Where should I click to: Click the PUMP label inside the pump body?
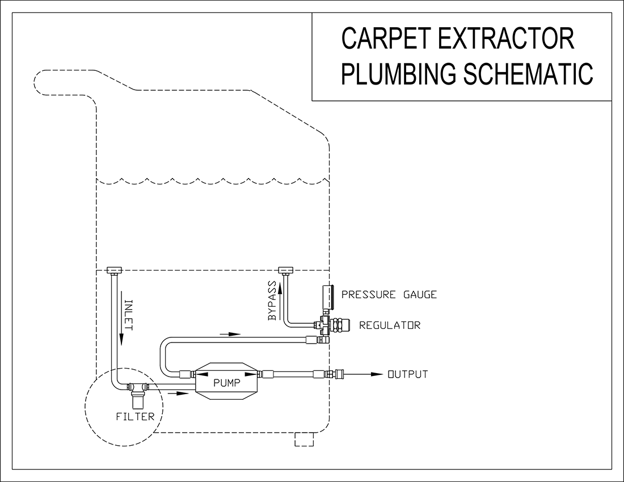tap(226, 382)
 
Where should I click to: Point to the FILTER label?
tap(135, 417)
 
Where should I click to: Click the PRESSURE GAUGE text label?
tap(389, 295)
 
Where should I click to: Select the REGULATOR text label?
tap(390, 325)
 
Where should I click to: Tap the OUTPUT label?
tap(407, 374)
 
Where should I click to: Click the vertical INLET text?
tap(128, 314)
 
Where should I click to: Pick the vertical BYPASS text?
tap(272, 301)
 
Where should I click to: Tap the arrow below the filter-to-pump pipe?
tap(179, 393)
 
